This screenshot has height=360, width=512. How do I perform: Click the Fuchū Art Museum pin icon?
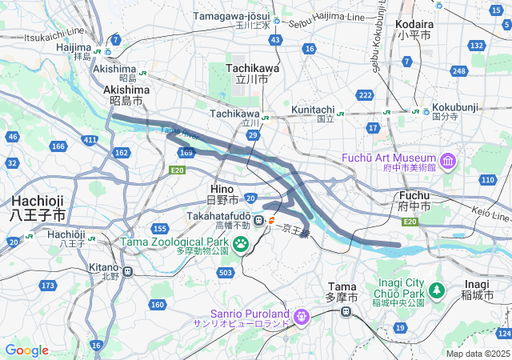click(446, 162)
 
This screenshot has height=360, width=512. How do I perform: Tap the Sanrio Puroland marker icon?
click(301, 318)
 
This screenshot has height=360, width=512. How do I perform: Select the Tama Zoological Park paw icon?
click(240, 241)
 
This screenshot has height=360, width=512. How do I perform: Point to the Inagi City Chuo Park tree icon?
click(437, 289)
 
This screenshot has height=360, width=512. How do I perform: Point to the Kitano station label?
click(102, 267)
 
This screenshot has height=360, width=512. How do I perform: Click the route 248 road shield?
click(458, 72)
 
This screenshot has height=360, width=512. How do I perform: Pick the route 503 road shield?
click(226, 273)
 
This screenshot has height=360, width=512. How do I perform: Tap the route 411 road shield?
click(90, 140)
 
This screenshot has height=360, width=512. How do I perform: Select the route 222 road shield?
click(366, 95)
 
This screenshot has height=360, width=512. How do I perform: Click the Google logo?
click(26, 350)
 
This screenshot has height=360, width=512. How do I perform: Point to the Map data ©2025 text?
click(477, 354)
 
